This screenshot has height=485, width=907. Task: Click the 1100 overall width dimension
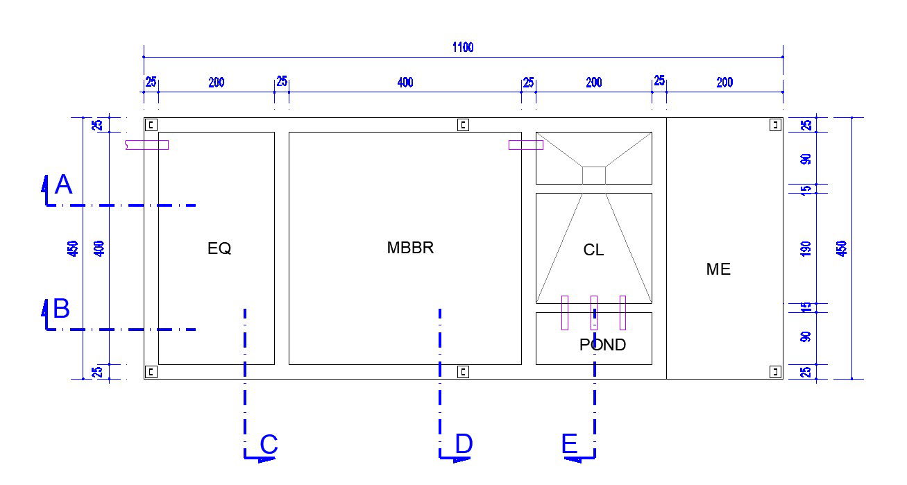(463, 47)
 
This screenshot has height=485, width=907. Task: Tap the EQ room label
(219, 248)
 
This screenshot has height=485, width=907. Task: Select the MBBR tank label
(410, 248)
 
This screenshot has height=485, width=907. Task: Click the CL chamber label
(593, 250)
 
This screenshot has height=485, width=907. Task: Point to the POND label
(602, 345)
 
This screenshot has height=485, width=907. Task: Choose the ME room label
(718, 269)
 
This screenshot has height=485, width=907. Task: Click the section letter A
(63, 185)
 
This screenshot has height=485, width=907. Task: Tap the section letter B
(62, 309)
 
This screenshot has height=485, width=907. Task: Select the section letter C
(269, 445)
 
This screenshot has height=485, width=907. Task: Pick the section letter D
(464, 444)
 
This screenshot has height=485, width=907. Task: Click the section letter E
(570, 444)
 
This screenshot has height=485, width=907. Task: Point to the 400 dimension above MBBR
(405, 83)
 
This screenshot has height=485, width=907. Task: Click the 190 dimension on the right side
(806, 248)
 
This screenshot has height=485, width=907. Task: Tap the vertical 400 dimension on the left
(99, 248)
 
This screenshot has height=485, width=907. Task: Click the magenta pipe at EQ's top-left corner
(146, 145)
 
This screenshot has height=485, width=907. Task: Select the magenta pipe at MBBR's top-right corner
(525, 145)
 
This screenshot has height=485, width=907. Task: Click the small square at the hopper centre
(593, 175)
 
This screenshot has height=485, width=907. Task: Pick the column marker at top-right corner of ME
(775, 125)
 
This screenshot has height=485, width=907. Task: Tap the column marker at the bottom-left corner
(151, 372)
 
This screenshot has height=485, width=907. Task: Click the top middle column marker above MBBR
(463, 125)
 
